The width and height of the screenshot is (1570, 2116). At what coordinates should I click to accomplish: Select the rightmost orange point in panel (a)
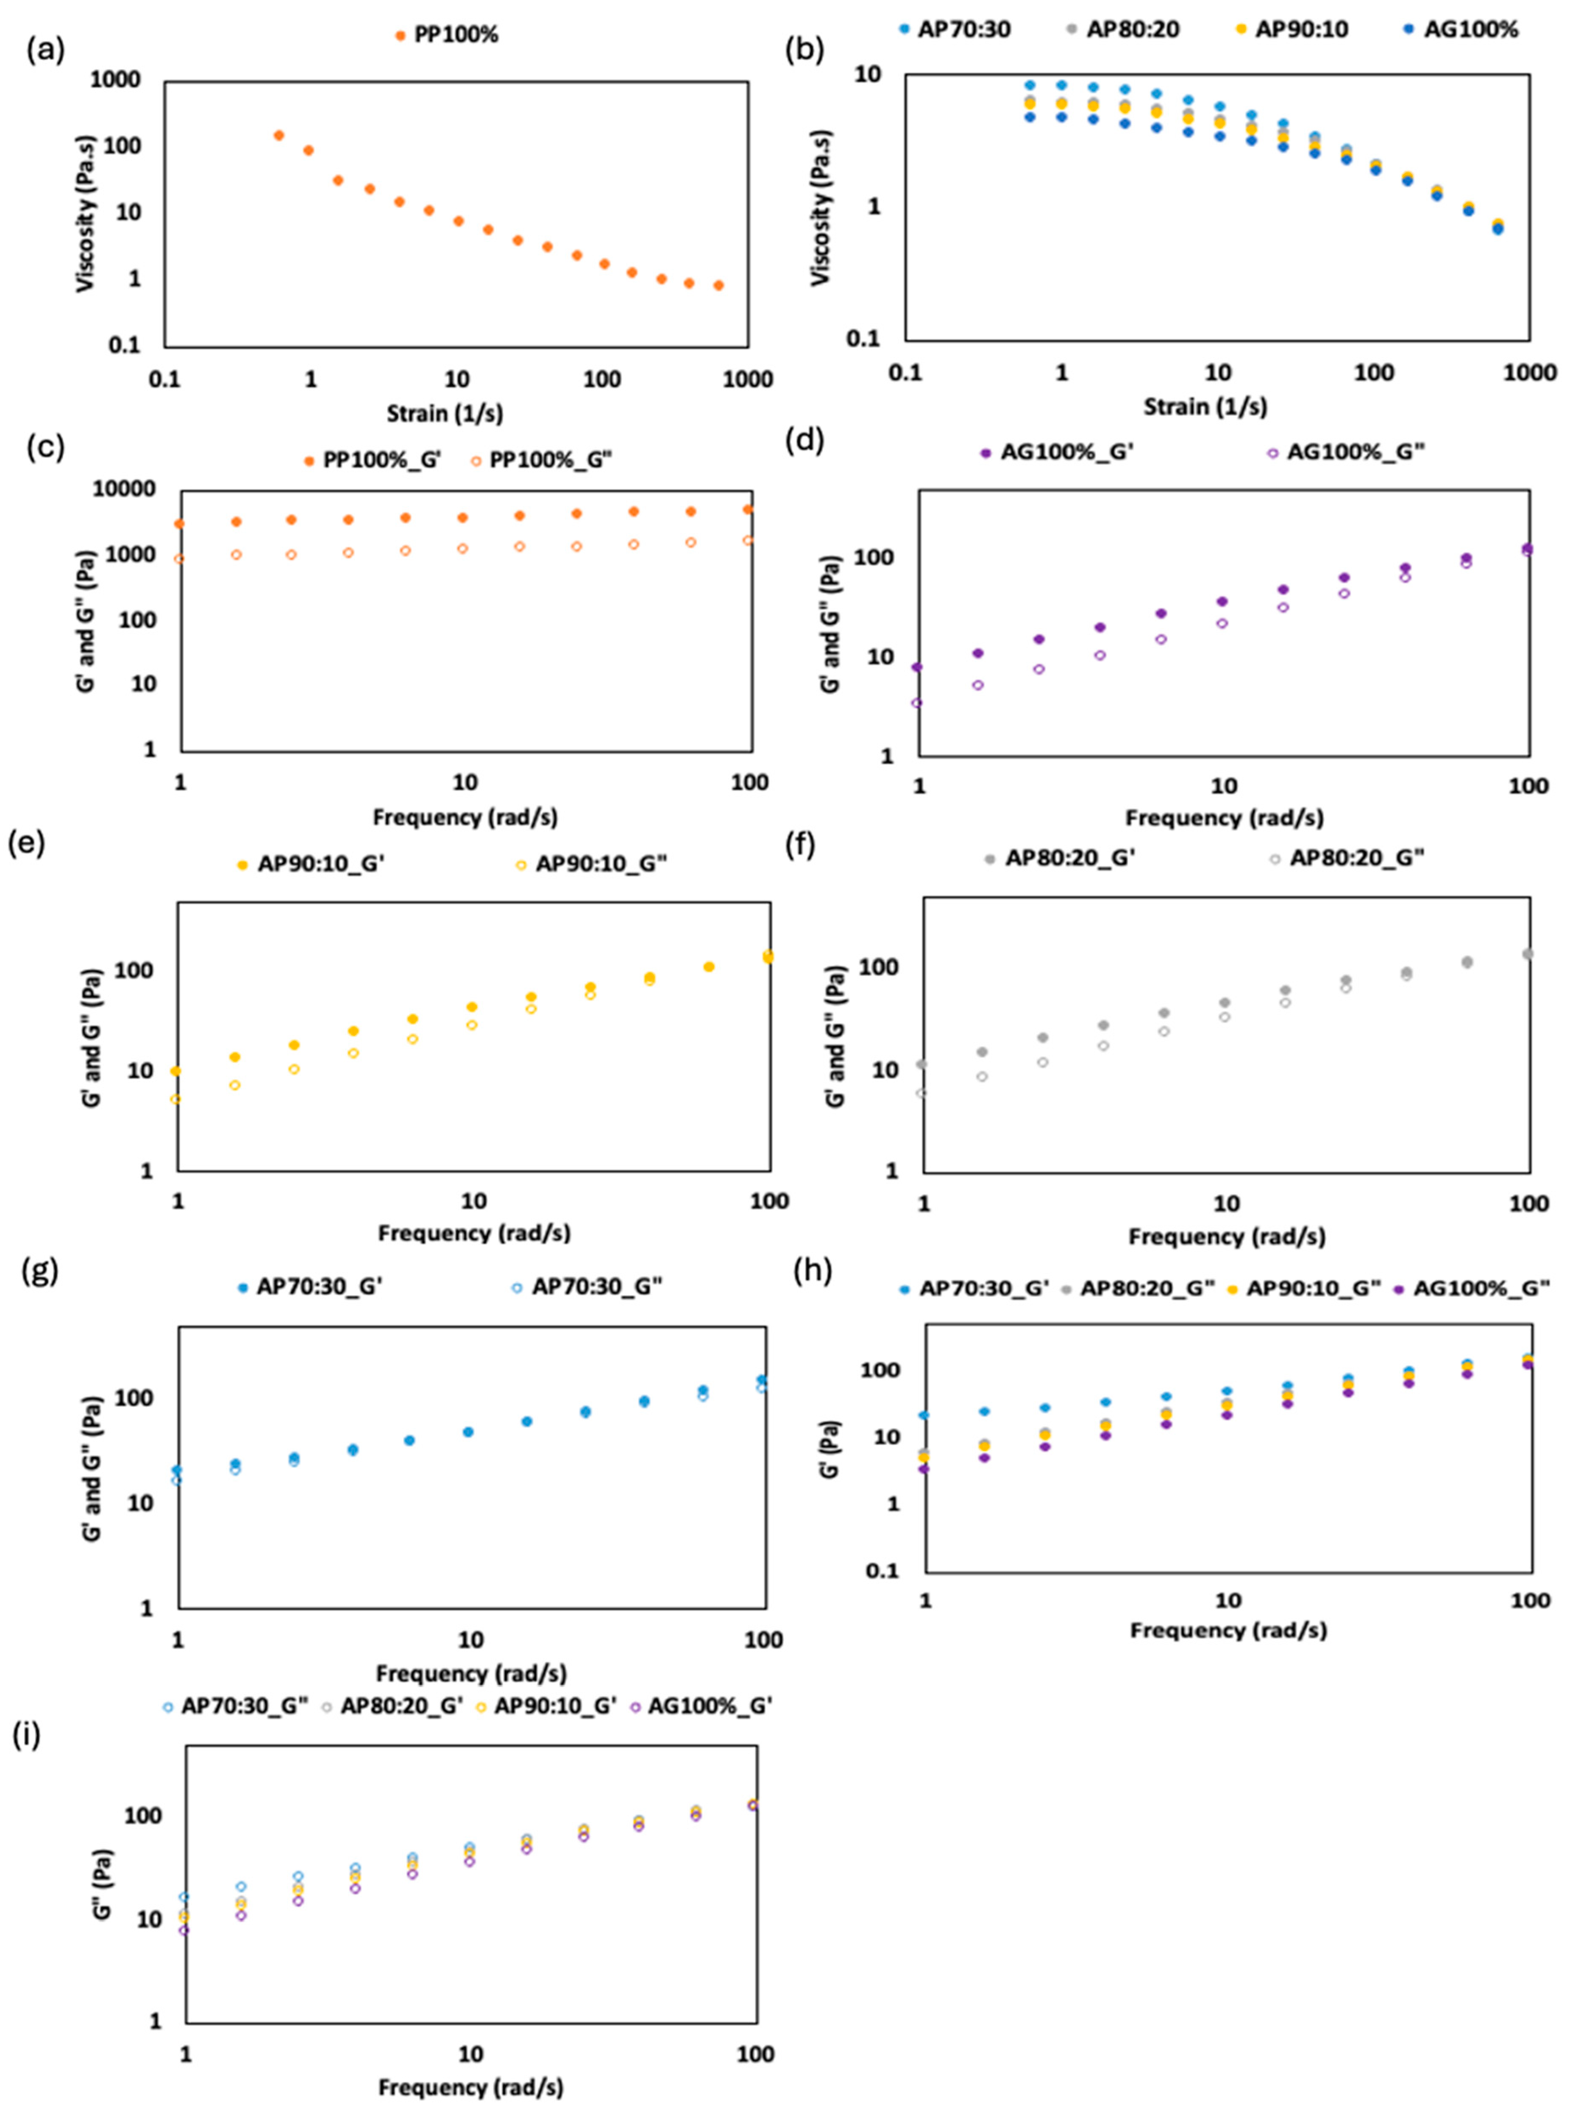(718, 285)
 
